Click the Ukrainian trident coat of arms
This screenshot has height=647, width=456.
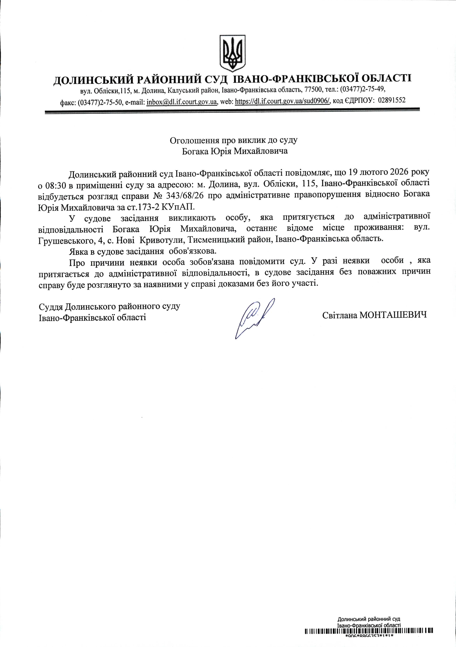[x=233, y=53]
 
